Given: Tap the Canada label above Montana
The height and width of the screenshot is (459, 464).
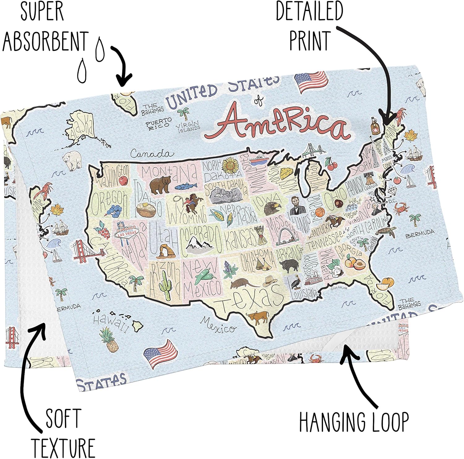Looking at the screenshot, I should (x=152, y=154).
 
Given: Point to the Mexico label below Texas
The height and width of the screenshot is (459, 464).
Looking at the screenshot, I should (x=218, y=325).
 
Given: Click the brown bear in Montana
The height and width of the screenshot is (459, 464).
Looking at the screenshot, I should (x=160, y=184).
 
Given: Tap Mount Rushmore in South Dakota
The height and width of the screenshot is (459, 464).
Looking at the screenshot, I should (x=227, y=195).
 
